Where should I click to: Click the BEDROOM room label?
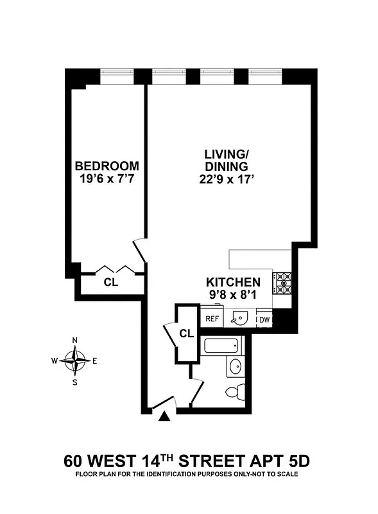click(x=106, y=166)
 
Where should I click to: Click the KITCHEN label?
click(x=232, y=282)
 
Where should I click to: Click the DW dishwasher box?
click(x=264, y=319)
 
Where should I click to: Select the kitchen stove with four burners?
click(x=283, y=282)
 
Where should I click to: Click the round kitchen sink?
click(x=239, y=318)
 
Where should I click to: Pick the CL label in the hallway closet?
click(x=186, y=333)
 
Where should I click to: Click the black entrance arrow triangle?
click(x=165, y=418)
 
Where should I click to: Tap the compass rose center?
click(x=76, y=360)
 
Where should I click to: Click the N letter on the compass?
click(x=76, y=341)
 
